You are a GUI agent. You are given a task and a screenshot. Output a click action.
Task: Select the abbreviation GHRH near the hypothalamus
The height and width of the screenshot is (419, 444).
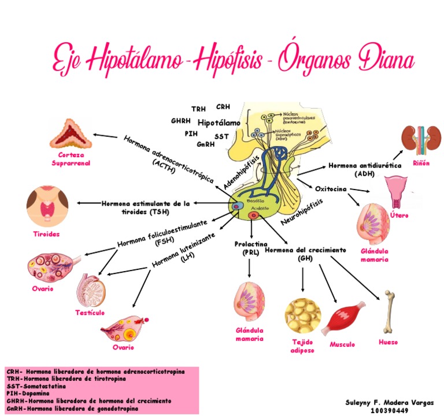(182, 121)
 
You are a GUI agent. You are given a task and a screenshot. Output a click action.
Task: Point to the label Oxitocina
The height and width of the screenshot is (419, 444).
(331, 188)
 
